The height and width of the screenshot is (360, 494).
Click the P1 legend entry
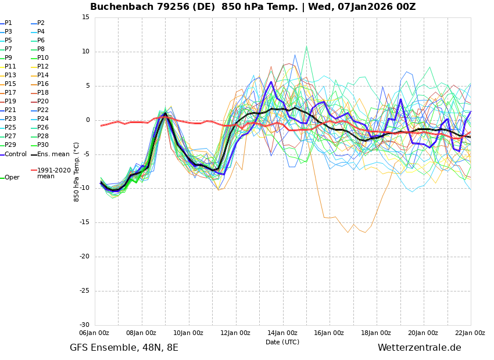pos(8,23)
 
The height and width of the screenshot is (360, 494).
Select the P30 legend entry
pos(42,145)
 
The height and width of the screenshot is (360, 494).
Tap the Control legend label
pos(16,154)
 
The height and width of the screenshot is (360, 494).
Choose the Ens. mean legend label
pos(53,154)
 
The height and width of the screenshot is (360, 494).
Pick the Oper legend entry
pos(12,178)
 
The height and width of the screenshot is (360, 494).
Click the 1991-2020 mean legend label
pos(53,174)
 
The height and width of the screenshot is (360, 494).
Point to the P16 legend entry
pos(42,84)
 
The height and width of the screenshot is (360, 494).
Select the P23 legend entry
pos(10,119)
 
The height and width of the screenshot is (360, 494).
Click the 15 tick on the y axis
pos(85,17)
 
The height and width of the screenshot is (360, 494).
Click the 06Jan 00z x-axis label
pos(94,333)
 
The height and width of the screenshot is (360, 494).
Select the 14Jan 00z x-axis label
pos(282,333)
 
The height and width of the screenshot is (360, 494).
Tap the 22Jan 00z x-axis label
pos(470,333)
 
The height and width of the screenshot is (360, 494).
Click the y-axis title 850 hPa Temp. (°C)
pos(77,172)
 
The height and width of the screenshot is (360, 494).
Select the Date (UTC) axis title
pos(282,343)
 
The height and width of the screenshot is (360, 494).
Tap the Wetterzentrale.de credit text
pos(419,348)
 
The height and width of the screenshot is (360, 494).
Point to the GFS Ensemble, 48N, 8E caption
pos(124,348)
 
